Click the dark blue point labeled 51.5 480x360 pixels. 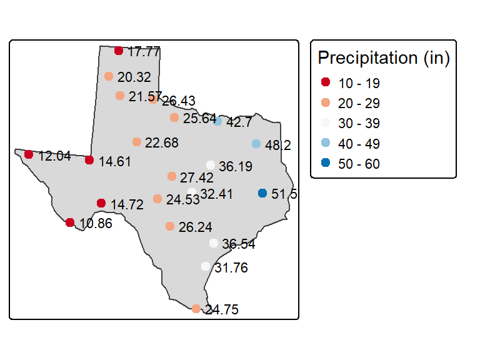coord(262,193)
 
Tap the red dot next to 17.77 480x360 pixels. coord(119,51)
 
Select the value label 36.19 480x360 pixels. coord(236,166)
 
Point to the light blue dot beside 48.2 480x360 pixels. coord(256,144)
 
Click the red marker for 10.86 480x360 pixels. coord(70,222)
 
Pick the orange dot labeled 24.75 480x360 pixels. coord(196,309)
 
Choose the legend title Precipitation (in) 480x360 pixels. coord(384,58)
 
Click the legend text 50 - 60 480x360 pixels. coord(359,164)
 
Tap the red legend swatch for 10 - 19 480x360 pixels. coord(326,82)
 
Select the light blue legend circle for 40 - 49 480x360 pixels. coord(326,142)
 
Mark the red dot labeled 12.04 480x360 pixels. coord(29,154)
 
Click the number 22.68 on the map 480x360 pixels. coord(161,143)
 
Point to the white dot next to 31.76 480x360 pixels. coord(206,266)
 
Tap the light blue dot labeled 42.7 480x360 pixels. coord(217,121)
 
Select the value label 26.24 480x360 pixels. coord(195,227)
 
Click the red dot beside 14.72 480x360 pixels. coord(101,203)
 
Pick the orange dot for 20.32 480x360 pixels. coord(109,76)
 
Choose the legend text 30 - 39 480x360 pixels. coord(359,124)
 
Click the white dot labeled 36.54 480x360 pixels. coord(214,243)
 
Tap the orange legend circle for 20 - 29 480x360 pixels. coord(326,102)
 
